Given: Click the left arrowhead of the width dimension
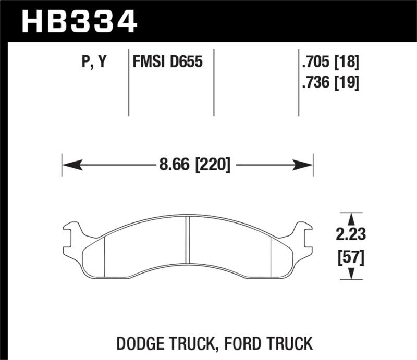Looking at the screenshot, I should pyautogui.click(x=70, y=166).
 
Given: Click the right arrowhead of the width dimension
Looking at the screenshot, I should pyautogui.click(x=304, y=166).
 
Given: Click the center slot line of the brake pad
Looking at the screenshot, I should pyautogui.click(x=187, y=240).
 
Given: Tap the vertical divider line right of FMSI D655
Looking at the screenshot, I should pyautogui.click(x=214, y=83).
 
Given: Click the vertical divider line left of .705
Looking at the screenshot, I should pyautogui.click(x=298, y=83).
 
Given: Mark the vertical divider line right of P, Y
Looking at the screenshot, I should pyautogui.click(x=129, y=83).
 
